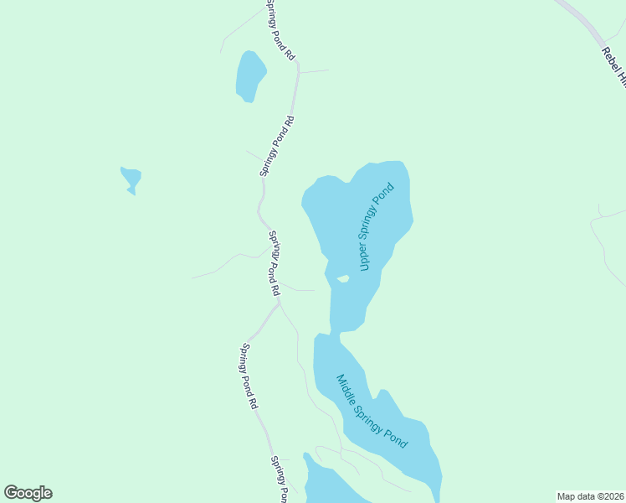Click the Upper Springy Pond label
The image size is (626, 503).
point(376,227)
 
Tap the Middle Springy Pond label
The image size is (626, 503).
point(372,411)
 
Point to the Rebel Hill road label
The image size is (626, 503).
point(614,65)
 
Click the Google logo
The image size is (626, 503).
point(28,493)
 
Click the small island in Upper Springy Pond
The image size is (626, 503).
point(341,279)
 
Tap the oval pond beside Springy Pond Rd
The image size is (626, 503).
point(250,76)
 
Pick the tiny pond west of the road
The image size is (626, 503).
point(131,179)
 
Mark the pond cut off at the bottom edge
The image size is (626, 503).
point(331,486)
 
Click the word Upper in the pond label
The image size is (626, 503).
point(365,257)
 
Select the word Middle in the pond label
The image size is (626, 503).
point(347,389)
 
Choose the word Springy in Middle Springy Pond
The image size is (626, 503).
point(373,412)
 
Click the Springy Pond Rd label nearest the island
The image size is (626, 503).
point(274,262)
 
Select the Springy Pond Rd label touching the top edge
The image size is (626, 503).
point(280,29)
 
